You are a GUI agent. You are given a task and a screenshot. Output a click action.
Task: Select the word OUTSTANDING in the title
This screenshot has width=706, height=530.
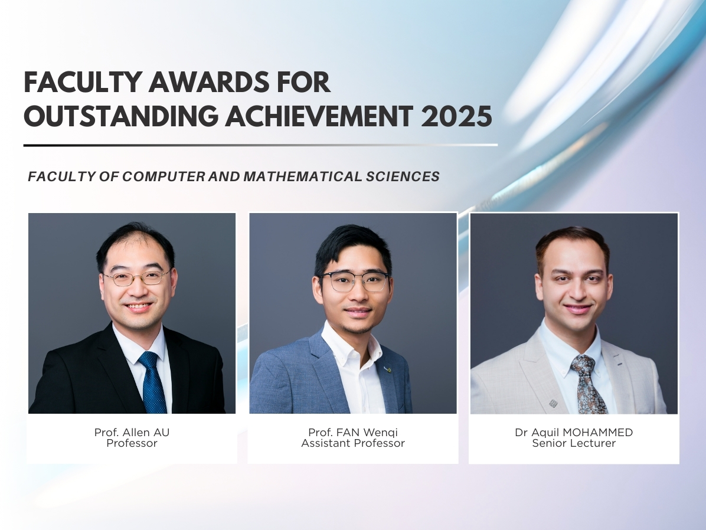click(x=120, y=116)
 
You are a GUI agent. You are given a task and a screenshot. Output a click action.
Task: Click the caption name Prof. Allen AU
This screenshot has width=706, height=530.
click(x=132, y=433)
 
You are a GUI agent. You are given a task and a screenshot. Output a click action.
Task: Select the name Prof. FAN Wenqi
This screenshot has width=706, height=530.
click(x=353, y=433)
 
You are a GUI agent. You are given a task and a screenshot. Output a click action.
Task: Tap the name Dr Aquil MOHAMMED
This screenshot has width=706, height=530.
click(x=574, y=433)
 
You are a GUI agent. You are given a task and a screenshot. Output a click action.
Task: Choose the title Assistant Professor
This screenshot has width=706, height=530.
click(x=353, y=443)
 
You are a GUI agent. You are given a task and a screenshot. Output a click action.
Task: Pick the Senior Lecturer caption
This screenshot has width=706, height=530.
click(x=574, y=443)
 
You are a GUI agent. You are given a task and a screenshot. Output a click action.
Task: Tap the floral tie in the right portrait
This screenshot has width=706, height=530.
click(x=588, y=384)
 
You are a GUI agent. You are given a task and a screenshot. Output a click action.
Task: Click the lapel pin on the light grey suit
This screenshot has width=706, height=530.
click(x=553, y=404)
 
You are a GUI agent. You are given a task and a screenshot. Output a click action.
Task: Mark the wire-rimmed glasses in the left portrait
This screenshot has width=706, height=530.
click(x=136, y=277)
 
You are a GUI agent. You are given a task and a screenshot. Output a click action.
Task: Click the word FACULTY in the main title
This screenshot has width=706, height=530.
click(x=81, y=82)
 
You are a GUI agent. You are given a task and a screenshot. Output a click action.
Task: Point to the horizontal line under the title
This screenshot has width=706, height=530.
click(x=260, y=145)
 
